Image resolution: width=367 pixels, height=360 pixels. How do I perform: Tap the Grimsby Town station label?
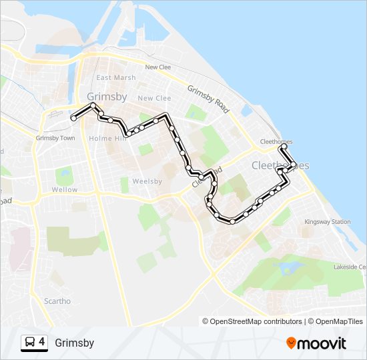pos(55,138)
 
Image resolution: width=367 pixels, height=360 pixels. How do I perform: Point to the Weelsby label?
pos(147,181)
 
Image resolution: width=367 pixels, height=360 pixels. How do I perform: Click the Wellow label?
pos(65,190)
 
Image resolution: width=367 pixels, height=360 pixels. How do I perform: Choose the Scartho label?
pos(57,301)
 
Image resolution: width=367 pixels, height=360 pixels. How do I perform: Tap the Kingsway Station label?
pos(327,222)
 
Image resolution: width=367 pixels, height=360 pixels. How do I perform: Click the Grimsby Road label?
pos(209,98)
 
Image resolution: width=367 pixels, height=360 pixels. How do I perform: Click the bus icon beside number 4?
pos(30,342)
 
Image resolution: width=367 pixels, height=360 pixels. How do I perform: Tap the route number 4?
pos(42,342)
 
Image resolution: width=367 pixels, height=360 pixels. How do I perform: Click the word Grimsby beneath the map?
pos(75,343)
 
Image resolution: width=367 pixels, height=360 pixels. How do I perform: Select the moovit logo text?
pos(322,343)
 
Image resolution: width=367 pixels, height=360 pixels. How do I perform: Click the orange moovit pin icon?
pos(292,343)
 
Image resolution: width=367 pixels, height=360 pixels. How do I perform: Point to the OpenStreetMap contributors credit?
pos(252,321)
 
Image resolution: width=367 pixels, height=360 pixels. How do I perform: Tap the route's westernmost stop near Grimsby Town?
pos(73,118)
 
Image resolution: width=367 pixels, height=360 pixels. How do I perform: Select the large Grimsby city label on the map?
pos(107,97)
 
